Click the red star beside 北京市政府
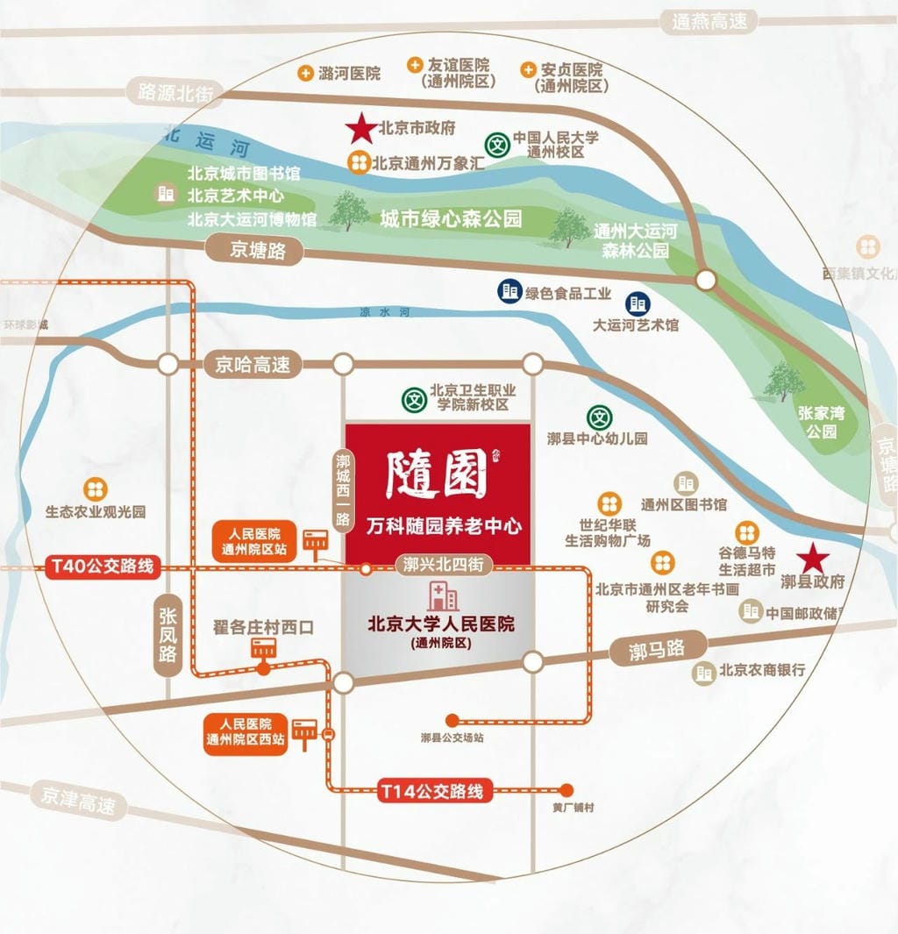click(x=360, y=129)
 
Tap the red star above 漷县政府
click(x=813, y=556)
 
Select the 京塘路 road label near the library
click(x=258, y=251)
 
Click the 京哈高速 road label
click(x=253, y=364)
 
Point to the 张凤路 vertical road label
click(x=167, y=635)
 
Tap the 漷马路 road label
click(x=657, y=651)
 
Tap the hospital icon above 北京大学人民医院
click(x=441, y=597)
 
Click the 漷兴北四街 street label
click(x=444, y=564)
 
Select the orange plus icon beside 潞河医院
click(x=305, y=74)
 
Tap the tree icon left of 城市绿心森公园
click(x=349, y=211)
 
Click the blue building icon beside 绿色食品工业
click(x=509, y=292)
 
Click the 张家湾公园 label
click(x=822, y=421)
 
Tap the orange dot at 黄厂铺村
click(x=567, y=788)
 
